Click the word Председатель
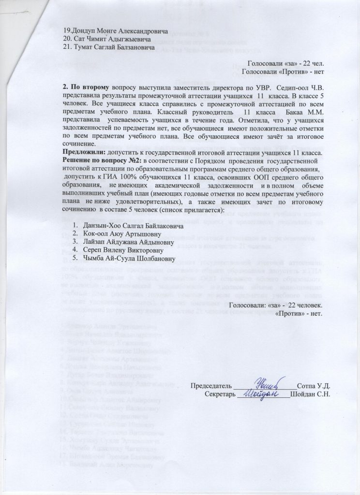[211, 386]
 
